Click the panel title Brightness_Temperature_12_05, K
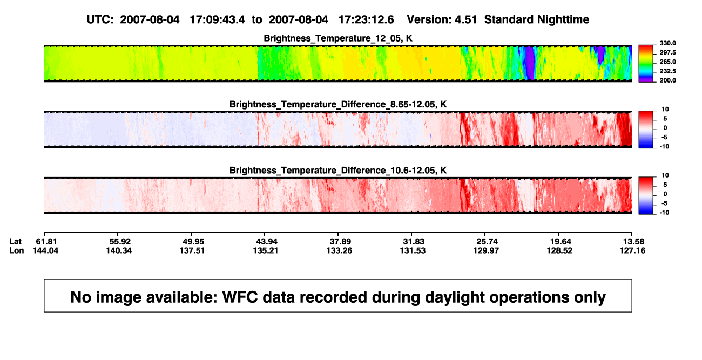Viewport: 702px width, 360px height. (338, 38)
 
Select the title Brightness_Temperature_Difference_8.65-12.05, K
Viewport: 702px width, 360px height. (338, 104)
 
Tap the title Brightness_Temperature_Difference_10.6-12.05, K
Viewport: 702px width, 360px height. (338, 171)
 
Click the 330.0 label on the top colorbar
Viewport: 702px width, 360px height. (667, 43)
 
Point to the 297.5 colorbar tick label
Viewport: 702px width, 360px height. (667, 52)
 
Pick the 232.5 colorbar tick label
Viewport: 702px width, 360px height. (667, 71)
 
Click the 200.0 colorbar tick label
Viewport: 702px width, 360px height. (667, 80)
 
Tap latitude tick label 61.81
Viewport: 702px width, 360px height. (46, 242)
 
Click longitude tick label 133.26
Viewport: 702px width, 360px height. (339, 250)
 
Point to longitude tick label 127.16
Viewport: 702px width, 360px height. (632, 250)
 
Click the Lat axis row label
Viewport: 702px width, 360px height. (15, 242)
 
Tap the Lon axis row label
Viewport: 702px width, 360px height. (16, 250)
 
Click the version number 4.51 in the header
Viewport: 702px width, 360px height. (465, 19)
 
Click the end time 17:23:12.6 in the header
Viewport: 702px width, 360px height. (366, 19)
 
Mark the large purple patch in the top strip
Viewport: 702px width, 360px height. (530, 63)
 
